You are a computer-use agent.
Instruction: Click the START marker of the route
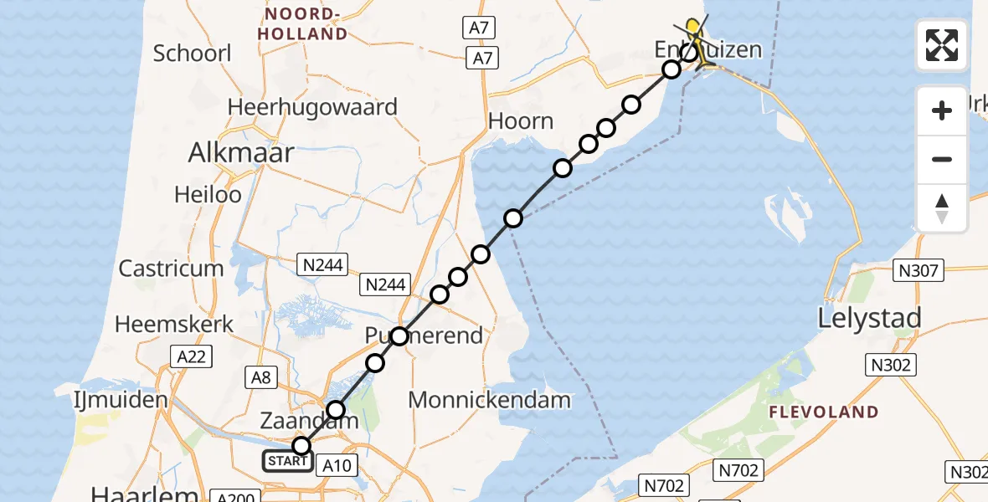point(287,461)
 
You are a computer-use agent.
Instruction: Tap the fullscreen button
point(942,45)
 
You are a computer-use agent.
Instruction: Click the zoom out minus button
point(942,159)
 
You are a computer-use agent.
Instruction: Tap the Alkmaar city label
point(241,152)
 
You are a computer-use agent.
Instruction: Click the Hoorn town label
point(521,121)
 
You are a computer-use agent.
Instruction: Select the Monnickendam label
point(490,400)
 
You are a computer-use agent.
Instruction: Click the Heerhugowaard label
point(312,107)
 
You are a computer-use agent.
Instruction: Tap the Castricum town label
point(171,269)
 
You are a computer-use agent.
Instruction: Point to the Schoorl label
point(192,53)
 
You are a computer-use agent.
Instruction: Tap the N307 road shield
point(919,270)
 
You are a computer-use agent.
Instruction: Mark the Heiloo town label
point(208,195)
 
